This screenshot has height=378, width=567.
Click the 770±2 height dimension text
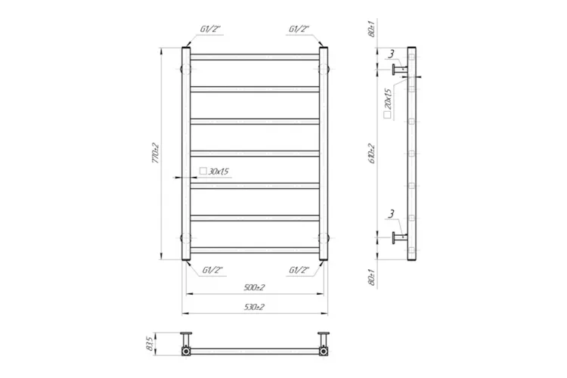coord(154,153)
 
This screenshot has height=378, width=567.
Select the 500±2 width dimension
coord(254,288)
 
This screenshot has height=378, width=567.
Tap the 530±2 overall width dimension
coord(254,306)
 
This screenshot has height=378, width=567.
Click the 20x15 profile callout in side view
coord(387,101)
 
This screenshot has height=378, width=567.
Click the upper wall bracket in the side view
coord(398,70)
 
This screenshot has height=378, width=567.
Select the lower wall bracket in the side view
coord(398,240)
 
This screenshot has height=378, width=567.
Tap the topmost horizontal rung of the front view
coord(254,57)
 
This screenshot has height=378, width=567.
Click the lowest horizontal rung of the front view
coord(254,249)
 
